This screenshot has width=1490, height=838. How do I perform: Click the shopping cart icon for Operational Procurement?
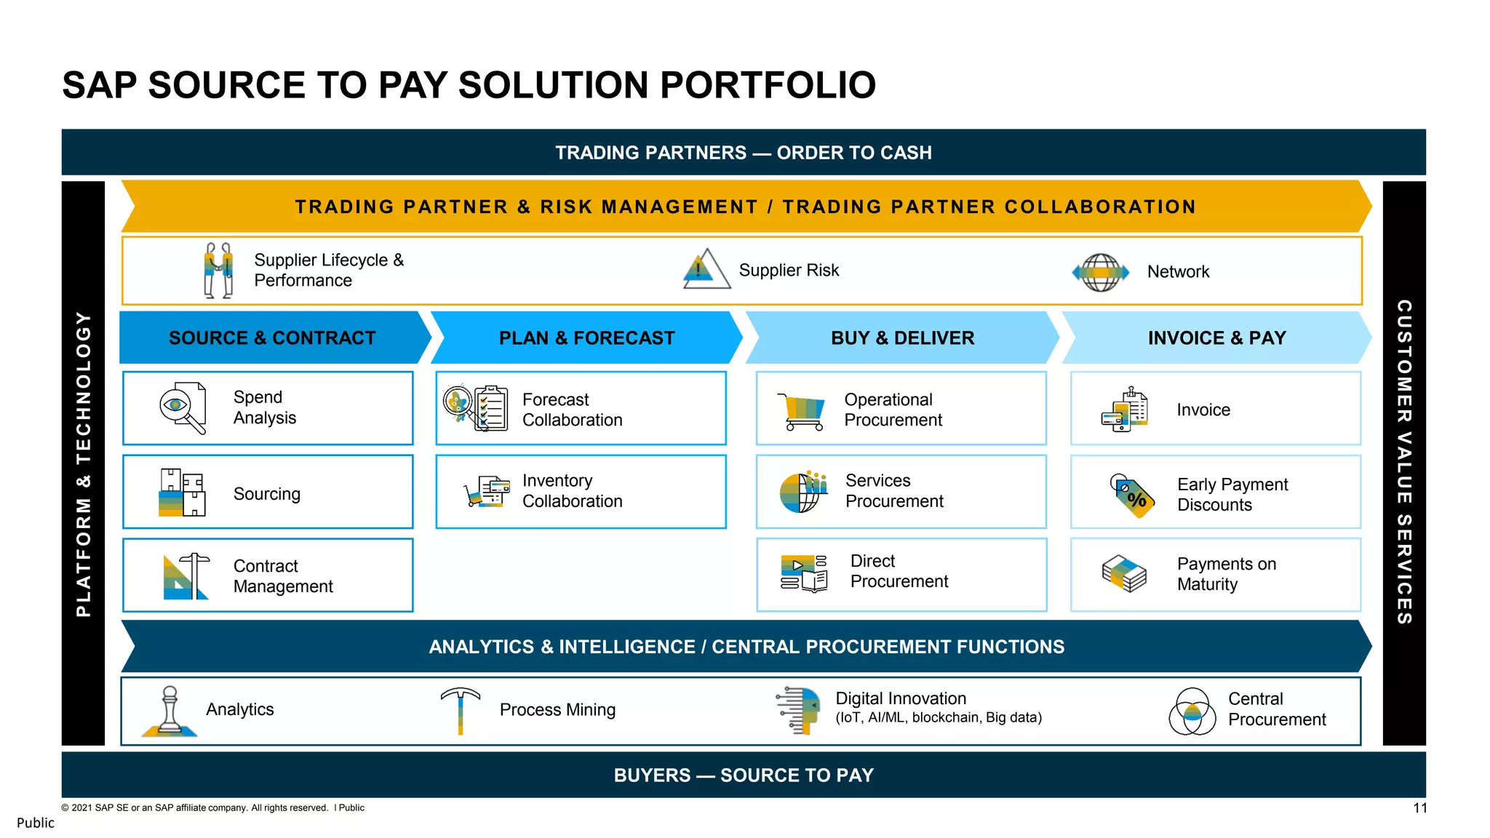coord(802,412)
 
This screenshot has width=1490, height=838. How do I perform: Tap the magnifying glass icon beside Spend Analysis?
coord(182,407)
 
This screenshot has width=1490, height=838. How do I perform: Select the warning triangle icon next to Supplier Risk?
coord(706,270)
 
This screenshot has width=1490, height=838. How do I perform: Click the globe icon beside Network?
coord(1101,273)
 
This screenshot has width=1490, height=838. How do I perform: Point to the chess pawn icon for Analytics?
coord(170,711)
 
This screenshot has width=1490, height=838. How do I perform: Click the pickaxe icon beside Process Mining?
coord(461,709)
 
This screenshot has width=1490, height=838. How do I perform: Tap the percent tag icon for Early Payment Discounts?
coord(1132,495)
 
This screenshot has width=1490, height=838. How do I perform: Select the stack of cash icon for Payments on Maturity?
coord(1124,574)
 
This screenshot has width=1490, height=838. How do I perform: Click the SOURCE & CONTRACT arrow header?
coord(272,338)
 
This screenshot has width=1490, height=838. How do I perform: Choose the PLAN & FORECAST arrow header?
coord(586,338)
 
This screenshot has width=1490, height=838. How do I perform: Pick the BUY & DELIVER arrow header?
coord(902,338)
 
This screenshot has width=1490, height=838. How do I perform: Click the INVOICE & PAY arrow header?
coord(1216,338)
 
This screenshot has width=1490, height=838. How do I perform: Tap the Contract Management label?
coord(283,576)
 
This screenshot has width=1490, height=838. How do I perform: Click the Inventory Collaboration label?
coord(572,491)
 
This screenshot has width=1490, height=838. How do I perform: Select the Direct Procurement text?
coord(899,571)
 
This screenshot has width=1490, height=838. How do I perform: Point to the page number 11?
coord(1419,808)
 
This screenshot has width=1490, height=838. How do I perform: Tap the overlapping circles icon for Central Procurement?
coord(1192,711)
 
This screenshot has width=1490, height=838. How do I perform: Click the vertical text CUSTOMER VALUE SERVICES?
coord(1403,462)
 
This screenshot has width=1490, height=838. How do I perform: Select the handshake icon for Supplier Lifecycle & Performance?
coord(218,270)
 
